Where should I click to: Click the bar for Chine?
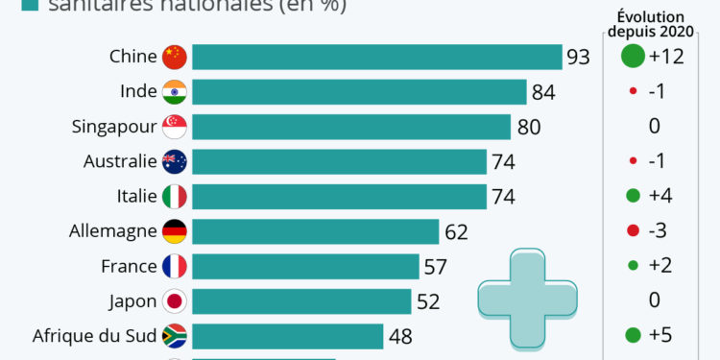click(x=376, y=57)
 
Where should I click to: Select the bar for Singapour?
click(x=350, y=127)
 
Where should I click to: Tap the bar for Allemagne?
click(x=315, y=231)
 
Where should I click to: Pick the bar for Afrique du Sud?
click(x=287, y=336)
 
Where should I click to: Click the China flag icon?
click(x=174, y=57)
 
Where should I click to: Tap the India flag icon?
click(x=174, y=92)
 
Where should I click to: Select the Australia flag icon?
click(x=174, y=161)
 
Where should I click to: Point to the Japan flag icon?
click(x=174, y=301)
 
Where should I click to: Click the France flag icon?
click(x=174, y=266)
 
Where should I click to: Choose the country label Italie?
click(x=136, y=196)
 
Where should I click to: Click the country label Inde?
click(x=139, y=92)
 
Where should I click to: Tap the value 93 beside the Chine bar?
click(x=578, y=58)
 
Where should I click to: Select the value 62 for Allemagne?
click(x=455, y=231)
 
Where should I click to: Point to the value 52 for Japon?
click(x=427, y=301)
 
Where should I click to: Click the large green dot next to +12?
click(x=632, y=57)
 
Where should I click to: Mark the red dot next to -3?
click(x=632, y=231)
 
